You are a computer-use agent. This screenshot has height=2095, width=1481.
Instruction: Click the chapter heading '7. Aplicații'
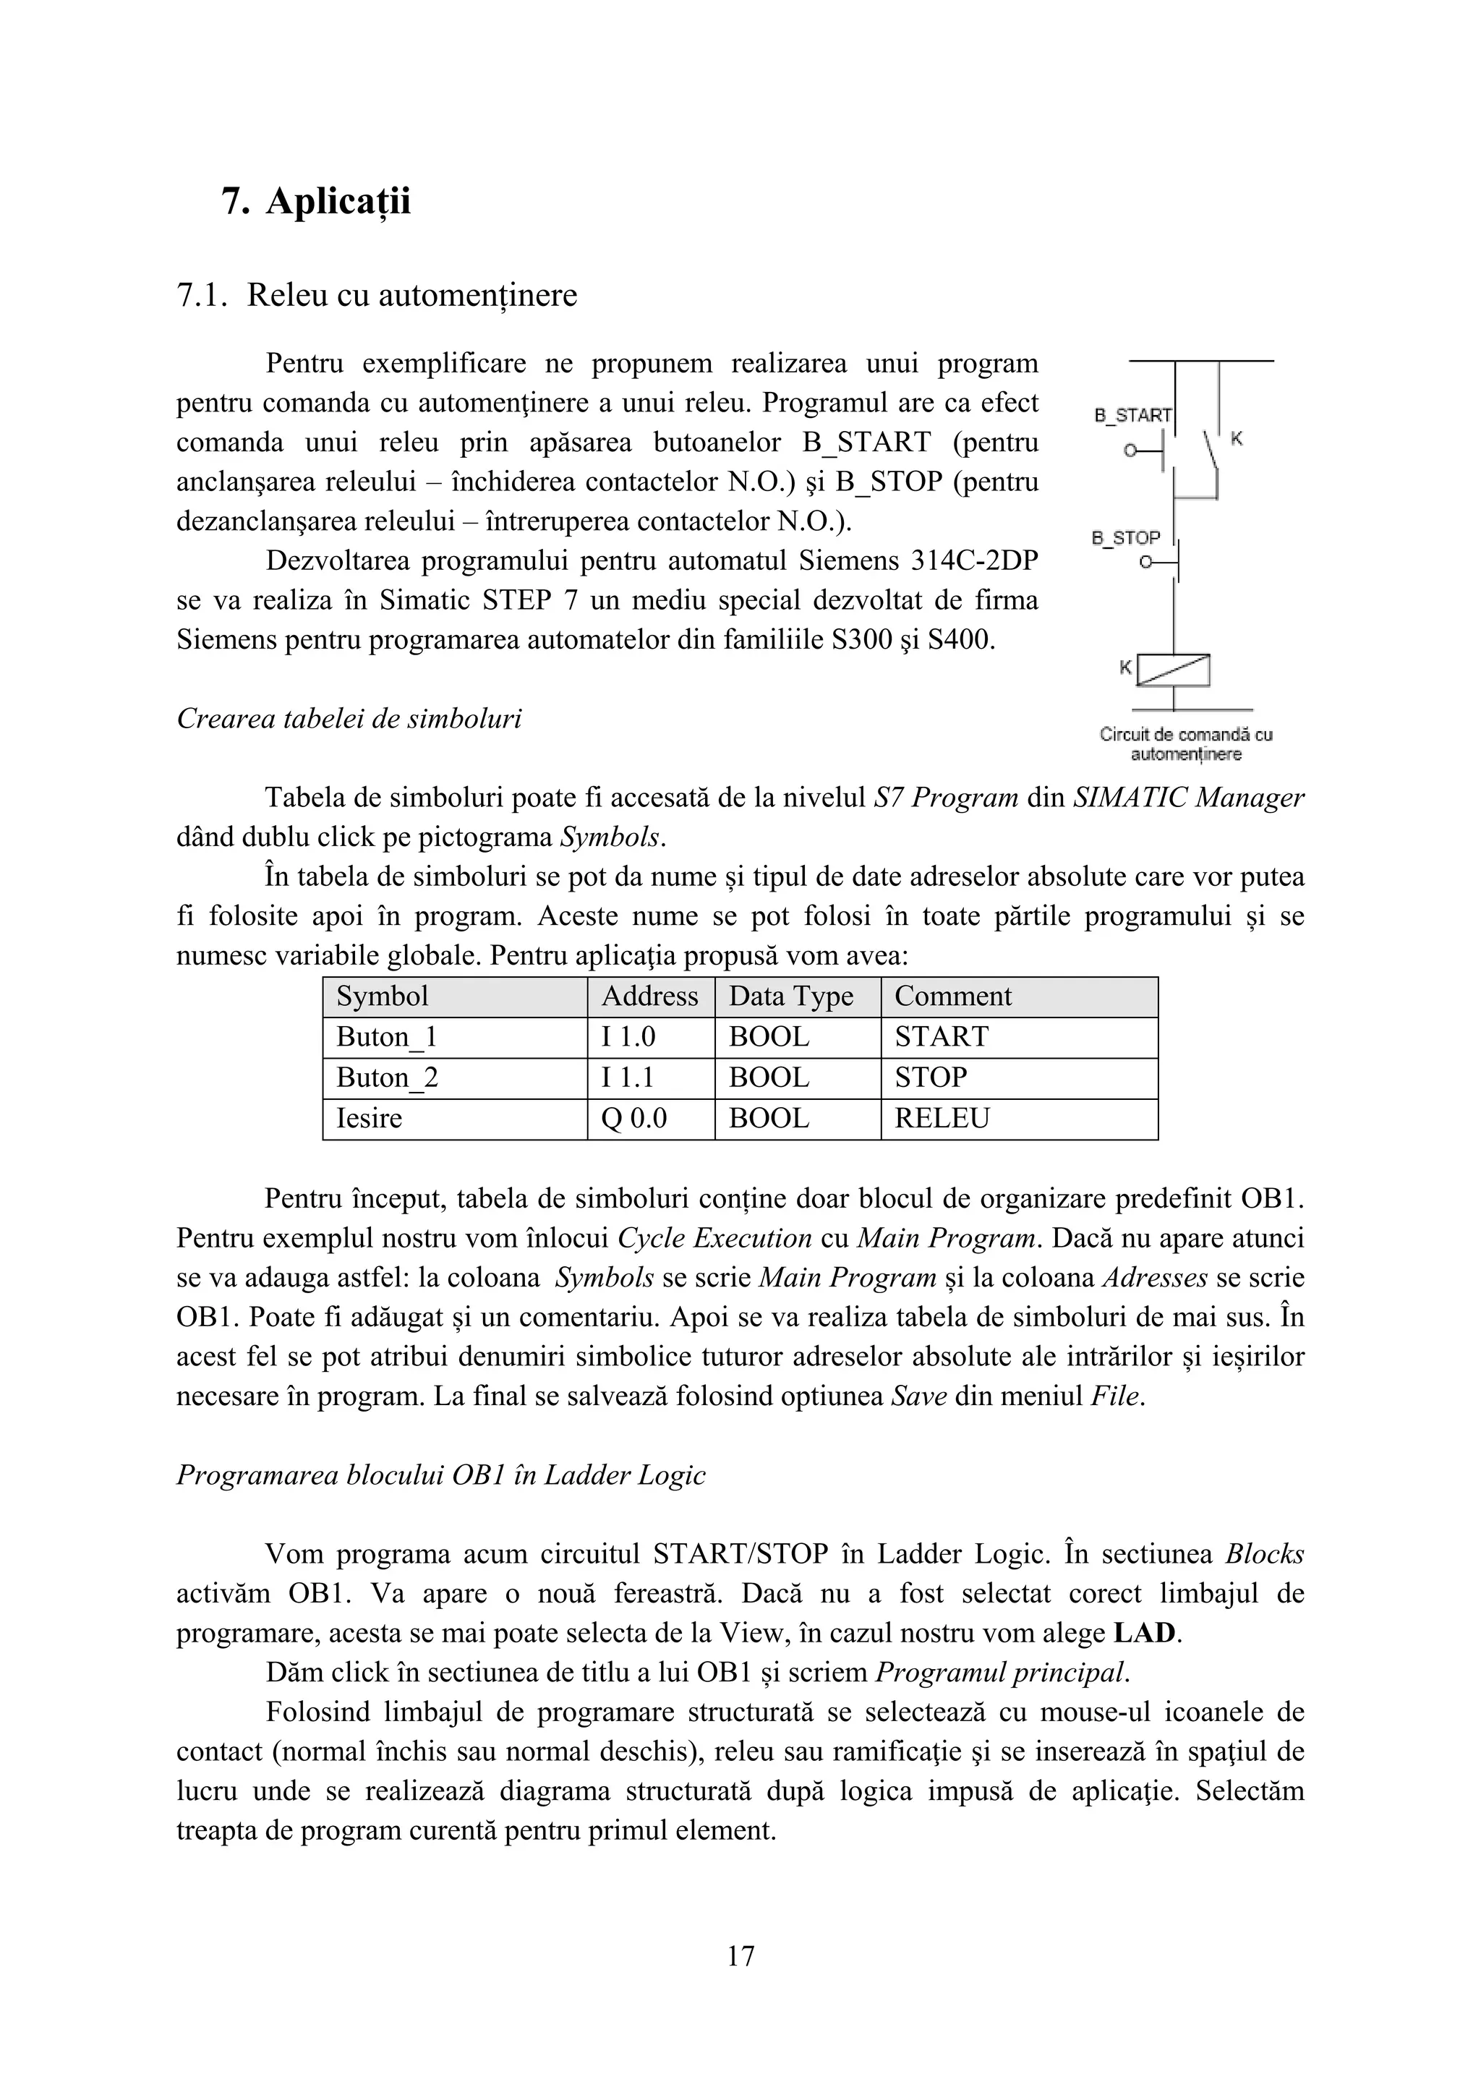316,202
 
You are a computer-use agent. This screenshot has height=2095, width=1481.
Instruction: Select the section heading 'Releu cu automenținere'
411,296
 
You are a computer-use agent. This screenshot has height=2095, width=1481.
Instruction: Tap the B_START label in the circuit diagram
1132,415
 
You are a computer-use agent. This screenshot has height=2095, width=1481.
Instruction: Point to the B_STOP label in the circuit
1126,538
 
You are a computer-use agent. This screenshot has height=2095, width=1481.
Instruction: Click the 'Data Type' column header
790,997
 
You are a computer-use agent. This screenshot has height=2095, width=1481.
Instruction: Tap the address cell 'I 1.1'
627,1078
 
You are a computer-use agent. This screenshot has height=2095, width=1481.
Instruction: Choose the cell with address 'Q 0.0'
633,1119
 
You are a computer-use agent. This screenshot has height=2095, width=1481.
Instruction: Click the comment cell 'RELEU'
942,1119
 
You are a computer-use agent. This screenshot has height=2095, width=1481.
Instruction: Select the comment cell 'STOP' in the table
930,1078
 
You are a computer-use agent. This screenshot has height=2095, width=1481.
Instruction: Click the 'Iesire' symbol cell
369,1119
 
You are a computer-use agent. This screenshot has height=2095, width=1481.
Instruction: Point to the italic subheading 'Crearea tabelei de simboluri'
349,719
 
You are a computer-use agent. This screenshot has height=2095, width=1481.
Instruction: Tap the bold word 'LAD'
1145,1634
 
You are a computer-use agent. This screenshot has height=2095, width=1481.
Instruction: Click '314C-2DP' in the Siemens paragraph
975,560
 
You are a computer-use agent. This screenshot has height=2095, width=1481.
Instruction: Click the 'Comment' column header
952,997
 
